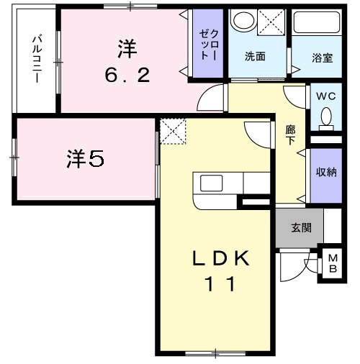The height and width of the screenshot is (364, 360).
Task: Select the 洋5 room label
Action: [x=86, y=159]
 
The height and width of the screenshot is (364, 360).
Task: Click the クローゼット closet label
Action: [x=210, y=42]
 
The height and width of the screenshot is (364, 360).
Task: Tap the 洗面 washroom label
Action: [x=254, y=55]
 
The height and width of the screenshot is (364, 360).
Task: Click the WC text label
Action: [x=325, y=94]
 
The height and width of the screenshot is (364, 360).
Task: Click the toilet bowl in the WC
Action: [x=325, y=117]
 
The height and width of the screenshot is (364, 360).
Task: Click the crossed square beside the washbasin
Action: [x=274, y=22]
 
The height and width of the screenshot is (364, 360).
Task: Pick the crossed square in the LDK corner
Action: [x=174, y=132]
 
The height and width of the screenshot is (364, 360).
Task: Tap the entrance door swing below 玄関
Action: [x=294, y=268]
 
